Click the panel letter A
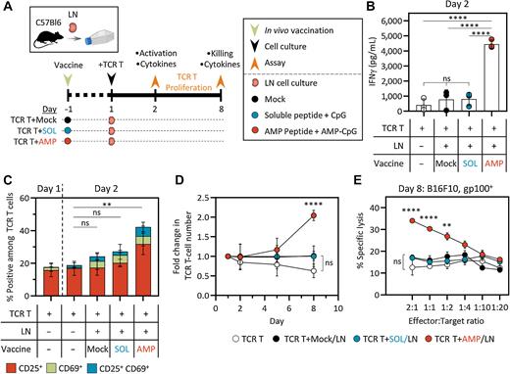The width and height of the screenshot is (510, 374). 7,8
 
